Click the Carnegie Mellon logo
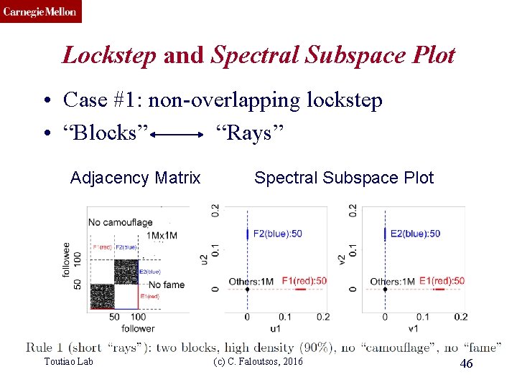click(41, 11)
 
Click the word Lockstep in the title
click(108, 55)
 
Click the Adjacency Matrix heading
click(135, 178)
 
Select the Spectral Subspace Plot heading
click(344, 178)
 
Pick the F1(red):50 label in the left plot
click(304, 281)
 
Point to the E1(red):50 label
click(442, 281)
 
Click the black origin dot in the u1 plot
click(247, 290)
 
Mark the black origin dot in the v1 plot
click(385, 290)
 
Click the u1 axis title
click(276, 329)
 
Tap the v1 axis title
click(414, 329)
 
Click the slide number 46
click(466, 365)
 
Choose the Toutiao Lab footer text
click(69, 362)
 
